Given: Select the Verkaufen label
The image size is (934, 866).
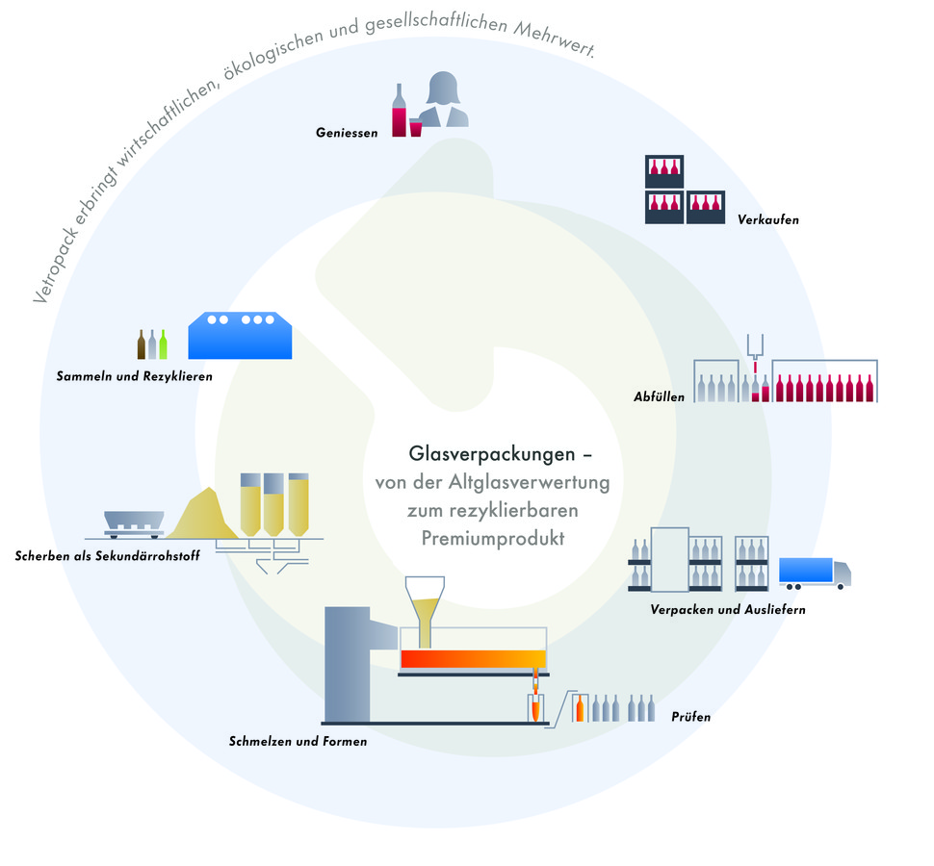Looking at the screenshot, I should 767,219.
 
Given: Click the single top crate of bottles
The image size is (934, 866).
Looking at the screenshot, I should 664,170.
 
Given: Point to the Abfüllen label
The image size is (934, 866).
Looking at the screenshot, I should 659,395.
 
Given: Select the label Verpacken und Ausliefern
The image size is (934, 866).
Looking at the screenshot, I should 727,609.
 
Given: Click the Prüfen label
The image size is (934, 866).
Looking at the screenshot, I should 690,716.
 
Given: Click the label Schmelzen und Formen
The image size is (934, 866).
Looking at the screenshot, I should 298,741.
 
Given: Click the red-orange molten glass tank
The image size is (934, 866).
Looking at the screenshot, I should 473,659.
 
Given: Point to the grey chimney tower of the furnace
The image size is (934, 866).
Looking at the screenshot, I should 348,664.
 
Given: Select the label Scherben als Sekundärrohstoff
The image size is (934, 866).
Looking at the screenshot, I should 107,555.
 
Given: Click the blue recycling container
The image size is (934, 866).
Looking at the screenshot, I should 240,335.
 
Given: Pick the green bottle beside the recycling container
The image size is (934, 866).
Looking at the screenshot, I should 164,344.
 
